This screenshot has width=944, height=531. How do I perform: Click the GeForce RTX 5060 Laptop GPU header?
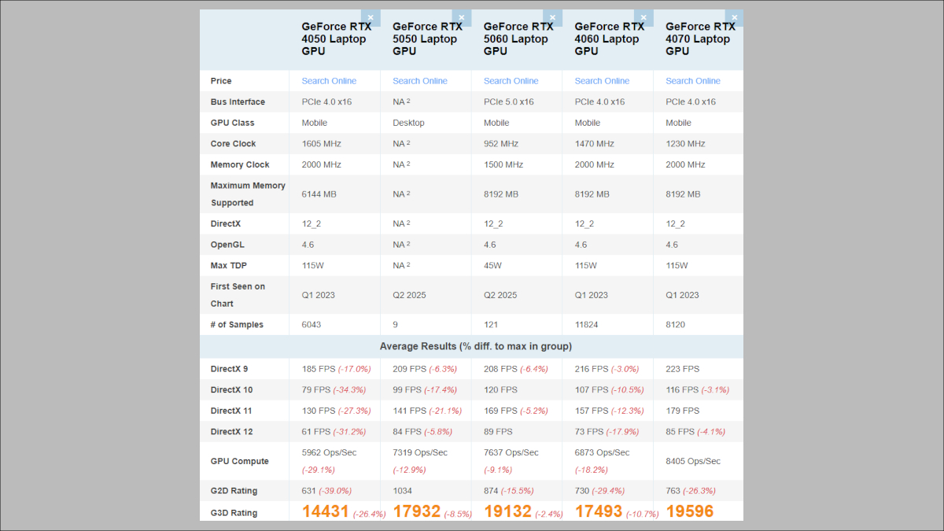tap(518, 39)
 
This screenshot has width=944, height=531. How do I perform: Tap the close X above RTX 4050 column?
tap(371, 17)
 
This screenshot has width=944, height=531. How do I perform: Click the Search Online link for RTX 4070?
tap(692, 81)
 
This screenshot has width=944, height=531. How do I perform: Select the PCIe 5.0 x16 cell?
tap(508, 102)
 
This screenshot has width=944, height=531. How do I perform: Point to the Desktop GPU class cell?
tap(408, 123)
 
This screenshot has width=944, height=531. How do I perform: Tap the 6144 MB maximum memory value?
tap(323, 194)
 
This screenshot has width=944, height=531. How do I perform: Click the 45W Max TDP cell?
tap(492, 266)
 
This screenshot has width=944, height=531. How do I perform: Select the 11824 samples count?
tap(590, 325)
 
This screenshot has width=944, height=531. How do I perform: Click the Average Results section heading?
tap(475, 346)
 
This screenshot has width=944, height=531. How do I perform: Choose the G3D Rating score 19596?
tap(689, 511)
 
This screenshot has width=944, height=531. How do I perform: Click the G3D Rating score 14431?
tap(326, 511)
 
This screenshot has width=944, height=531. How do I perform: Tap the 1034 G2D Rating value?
tap(404, 491)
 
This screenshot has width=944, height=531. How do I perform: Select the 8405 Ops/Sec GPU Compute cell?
tap(692, 462)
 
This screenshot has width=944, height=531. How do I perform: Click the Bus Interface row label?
tap(238, 102)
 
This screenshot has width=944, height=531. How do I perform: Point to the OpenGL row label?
tap(227, 245)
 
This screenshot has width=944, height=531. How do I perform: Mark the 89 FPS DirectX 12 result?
tap(497, 432)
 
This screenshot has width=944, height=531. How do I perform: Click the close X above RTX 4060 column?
tap(643, 17)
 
